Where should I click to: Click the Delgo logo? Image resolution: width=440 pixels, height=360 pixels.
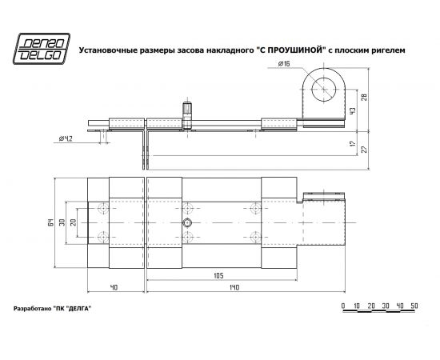click(x=43, y=49)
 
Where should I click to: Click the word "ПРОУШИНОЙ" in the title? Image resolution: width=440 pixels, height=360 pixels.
click(x=289, y=50)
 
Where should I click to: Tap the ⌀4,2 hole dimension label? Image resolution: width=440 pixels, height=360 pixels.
click(x=67, y=138)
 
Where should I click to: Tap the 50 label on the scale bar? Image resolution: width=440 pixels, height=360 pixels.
click(x=414, y=306)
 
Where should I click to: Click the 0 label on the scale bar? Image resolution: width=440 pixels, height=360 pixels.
click(x=342, y=306)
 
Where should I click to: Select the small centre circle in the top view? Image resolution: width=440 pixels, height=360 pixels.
click(x=187, y=222)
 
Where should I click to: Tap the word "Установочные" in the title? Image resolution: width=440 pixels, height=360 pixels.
click(x=105, y=50)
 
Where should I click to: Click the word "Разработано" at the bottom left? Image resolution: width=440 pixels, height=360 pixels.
click(x=32, y=309)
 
